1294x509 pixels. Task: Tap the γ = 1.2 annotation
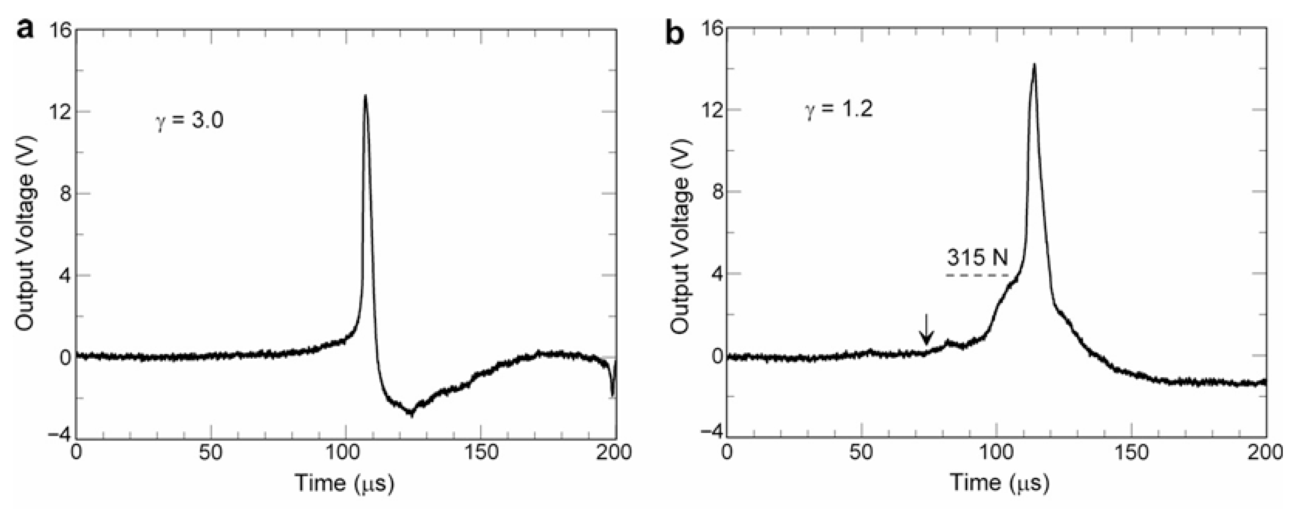click(840, 109)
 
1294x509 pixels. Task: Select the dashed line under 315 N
click(978, 275)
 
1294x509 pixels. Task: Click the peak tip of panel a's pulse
click(365, 95)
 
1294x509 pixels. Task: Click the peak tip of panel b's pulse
click(1034, 79)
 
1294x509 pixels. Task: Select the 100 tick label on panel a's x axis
click(346, 452)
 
